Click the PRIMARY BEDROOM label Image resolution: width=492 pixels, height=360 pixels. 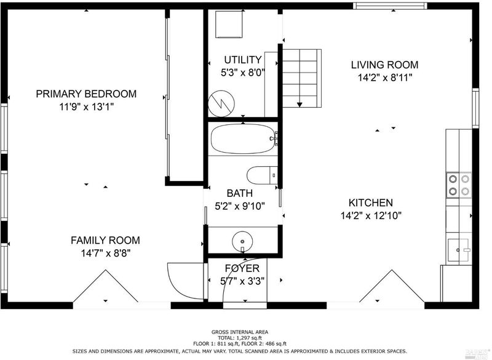coord(86,94)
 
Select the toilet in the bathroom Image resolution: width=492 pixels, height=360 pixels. coord(263,175)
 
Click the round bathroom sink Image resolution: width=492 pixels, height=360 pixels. coord(242,241)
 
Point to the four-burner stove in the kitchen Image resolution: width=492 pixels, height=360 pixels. coord(459,185)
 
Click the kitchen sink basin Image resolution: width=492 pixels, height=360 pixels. coord(458,250)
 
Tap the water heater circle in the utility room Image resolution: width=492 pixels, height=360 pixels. coord(221,103)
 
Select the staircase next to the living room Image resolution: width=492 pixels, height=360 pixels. coord(302,78)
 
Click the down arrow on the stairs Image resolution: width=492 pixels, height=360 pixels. coord(300,104)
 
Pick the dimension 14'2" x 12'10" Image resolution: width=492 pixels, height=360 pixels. coord(371,216)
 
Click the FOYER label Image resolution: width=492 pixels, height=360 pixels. coord(242,268)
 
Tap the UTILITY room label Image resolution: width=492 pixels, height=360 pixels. coord(242,60)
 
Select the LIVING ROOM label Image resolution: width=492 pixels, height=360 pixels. coord(384,65)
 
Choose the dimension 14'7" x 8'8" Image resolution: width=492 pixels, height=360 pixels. coord(106,253)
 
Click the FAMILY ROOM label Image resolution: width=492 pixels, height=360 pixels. coord(105,241)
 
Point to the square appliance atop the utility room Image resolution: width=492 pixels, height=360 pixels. coord(229,24)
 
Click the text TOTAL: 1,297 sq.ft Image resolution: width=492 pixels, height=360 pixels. coord(239,338)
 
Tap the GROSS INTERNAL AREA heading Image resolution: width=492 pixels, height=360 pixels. coord(240,332)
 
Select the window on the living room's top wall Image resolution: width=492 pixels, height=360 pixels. coord(390,6)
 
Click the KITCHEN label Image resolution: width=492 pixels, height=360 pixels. coord(371,202)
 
